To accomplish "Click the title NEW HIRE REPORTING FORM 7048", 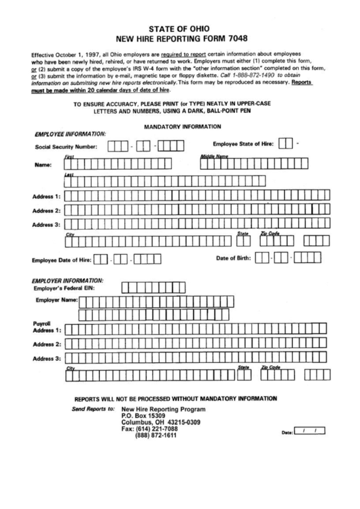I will pos(179,39).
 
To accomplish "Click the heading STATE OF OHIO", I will pos(179,28).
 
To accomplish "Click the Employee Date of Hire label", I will pos(61,259).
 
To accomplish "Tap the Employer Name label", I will pos(56,300).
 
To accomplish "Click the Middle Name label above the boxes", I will pos(213,156).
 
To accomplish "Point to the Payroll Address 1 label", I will pos(47,328).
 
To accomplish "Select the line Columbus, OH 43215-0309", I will pos(160,423).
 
